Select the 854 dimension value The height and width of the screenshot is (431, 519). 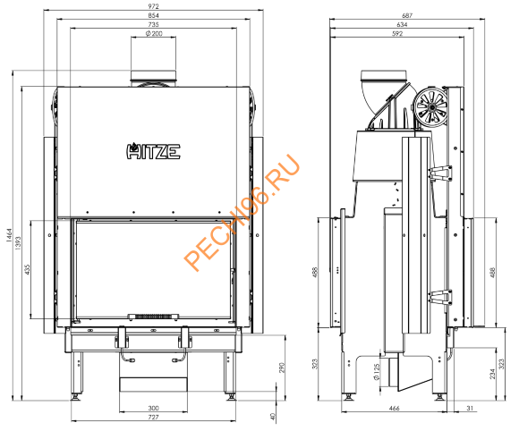[153, 16]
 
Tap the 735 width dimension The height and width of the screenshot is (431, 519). [153, 26]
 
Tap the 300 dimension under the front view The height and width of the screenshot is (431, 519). [153, 408]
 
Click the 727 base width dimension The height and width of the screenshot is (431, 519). [153, 418]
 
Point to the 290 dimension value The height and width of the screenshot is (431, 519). [279, 368]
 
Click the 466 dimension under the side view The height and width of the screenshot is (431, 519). [393, 408]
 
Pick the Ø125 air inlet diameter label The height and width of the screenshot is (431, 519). [379, 369]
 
